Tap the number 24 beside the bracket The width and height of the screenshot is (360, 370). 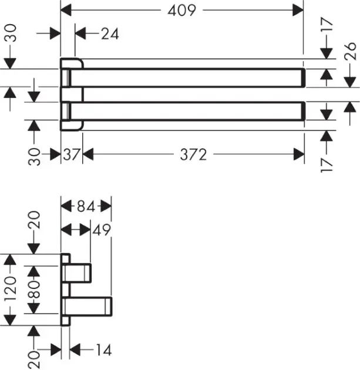[109, 34]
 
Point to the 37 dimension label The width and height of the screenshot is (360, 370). [72, 154]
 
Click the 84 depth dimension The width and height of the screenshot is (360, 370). [86, 206]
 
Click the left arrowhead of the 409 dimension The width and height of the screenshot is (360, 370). [66, 10]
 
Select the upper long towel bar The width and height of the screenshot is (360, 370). [188, 78]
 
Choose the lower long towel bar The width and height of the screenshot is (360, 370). [188, 111]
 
